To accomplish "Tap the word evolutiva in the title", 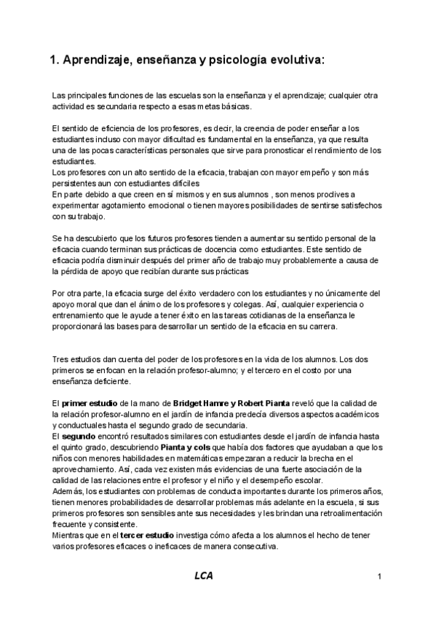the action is [297, 61].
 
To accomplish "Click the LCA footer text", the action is [205, 577].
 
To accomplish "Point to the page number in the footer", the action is [380, 577].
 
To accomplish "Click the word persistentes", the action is [75, 184].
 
